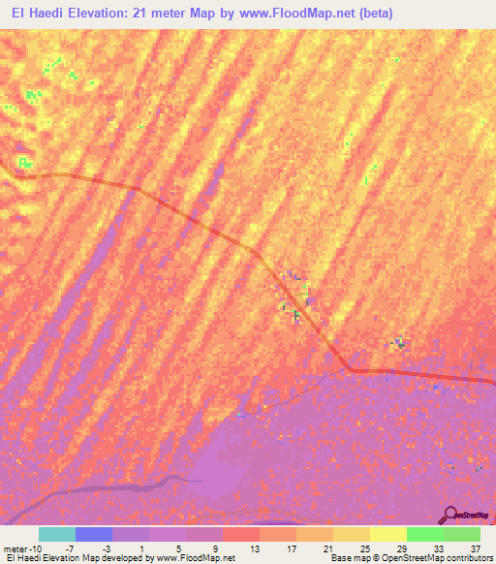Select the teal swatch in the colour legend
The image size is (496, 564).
click(57, 534)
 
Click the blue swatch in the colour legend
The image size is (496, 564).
click(94, 534)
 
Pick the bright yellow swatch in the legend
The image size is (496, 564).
click(387, 534)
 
